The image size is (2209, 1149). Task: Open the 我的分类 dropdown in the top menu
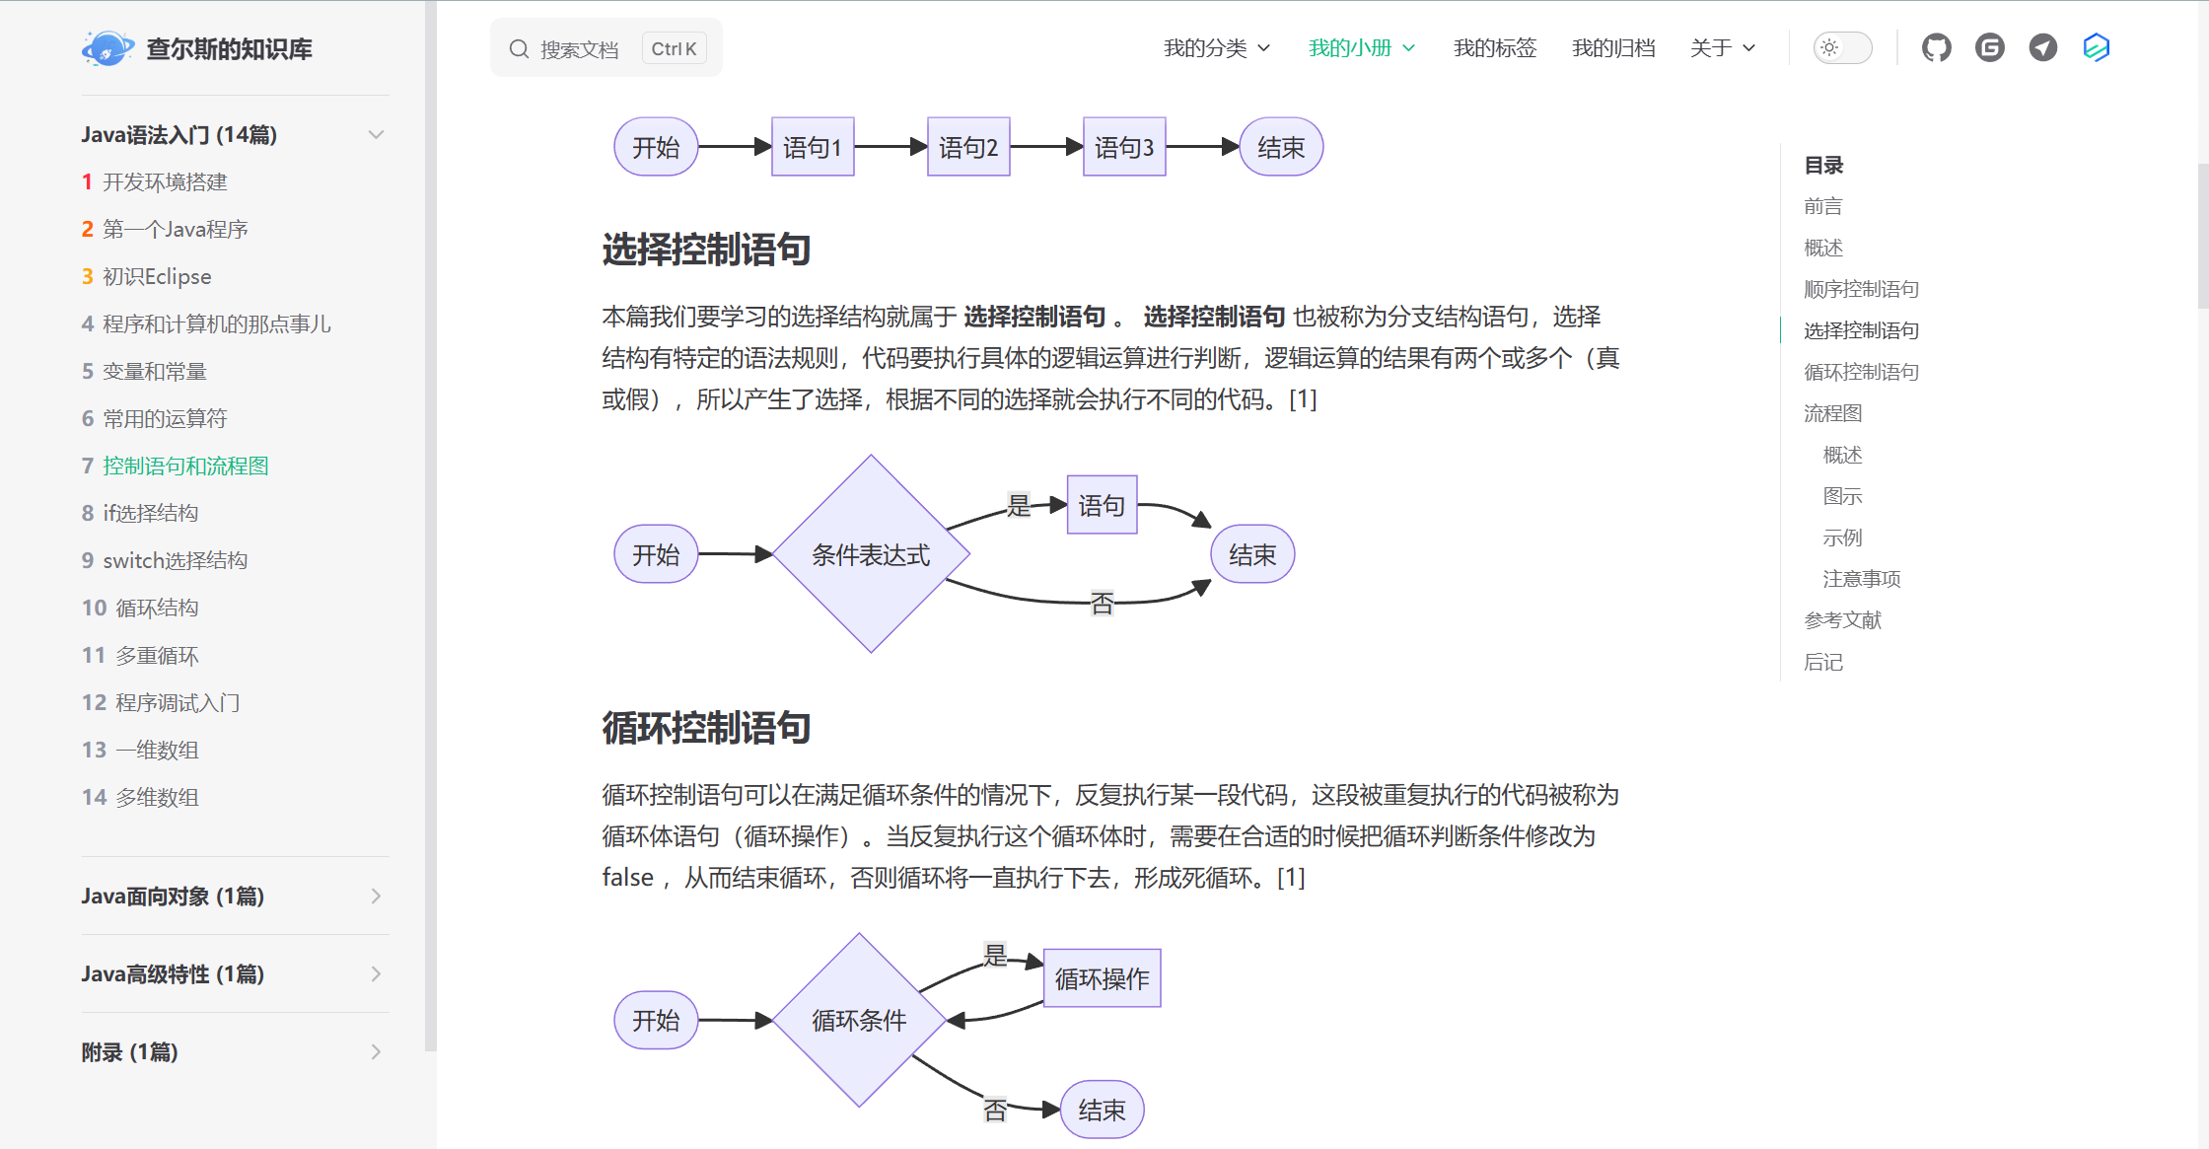1216,48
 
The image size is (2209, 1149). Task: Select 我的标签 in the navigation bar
1494,48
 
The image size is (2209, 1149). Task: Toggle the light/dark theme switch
1841,48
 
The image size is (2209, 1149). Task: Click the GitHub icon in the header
1936,48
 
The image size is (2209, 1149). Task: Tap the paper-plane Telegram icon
2042,48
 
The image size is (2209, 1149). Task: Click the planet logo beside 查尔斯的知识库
107,48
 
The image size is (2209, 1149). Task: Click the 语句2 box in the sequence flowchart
967,147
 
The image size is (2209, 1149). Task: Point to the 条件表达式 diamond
871,554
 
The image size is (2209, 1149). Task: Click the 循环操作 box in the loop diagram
1102,978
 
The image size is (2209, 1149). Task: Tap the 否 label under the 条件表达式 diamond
1102,603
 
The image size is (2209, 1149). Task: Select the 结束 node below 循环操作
1102,1111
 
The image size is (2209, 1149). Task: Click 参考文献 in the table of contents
1842,620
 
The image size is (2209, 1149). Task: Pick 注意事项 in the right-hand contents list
1861,579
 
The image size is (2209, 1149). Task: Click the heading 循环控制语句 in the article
706,728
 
